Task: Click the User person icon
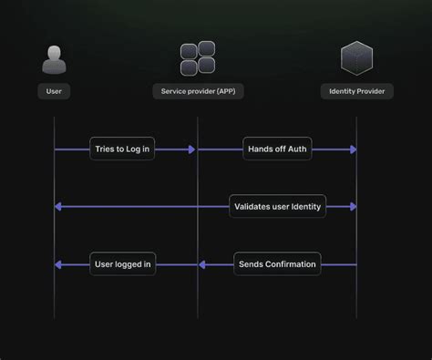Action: click(x=55, y=59)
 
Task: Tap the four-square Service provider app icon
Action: click(x=198, y=58)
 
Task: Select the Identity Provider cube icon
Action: click(x=356, y=58)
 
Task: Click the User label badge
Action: click(x=55, y=91)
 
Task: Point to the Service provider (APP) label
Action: click(x=198, y=91)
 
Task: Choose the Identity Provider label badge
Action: click(x=357, y=91)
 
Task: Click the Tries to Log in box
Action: click(x=122, y=149)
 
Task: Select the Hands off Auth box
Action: click(x=277, y=149)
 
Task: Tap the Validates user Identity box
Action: click(x=277, y=207)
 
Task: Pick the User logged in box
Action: click(x=123, y=265)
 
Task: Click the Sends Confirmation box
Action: click(x=277, y=265)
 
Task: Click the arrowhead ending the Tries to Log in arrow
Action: click(x=192, y=149)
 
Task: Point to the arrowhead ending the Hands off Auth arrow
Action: click(x=352, y=149)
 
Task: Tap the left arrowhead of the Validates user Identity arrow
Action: click(x=58, y=207)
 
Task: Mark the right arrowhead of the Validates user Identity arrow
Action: click(x=352, y=207)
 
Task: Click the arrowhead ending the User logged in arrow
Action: click(x=58, y=265)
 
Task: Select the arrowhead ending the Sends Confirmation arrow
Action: click(x=202, y=265)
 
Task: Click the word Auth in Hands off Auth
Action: click(x=296, y=149)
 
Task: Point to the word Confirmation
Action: click(x=291, y=265)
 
